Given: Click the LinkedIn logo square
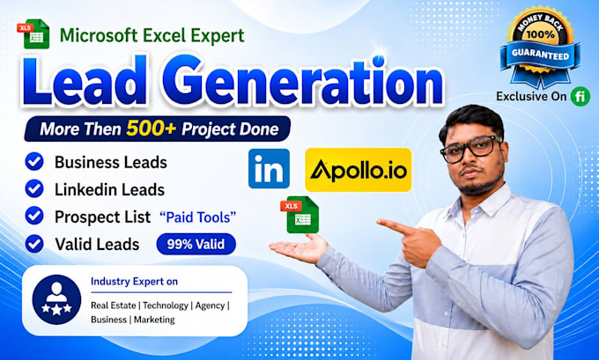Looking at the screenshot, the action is (x=269, y=168).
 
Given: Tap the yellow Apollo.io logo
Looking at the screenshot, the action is (x=359, y=170).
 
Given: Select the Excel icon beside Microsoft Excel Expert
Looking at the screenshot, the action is (x=33, y=33).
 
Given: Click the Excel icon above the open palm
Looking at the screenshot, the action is (x=299, y=214).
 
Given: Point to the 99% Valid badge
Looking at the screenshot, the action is (x=196, y=244).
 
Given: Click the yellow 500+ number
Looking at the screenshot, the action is (x=151, y=129).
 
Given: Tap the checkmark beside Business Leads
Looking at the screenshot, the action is (x=34, y=161).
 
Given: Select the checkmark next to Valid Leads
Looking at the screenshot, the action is (x=34, y=244).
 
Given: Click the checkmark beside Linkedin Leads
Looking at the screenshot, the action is (x=34, y=188).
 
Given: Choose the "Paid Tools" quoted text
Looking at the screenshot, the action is (x=197, y=217).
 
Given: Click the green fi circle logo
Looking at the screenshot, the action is (x=581, y=96).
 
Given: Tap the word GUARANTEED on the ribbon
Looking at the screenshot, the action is (x=540, y=55).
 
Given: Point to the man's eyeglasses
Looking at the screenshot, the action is (x=470, y=148).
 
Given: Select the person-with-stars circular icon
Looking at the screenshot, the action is (x=56, y=299).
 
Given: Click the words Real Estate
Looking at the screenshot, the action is (x=113, y=305).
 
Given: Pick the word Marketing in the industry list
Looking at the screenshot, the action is (x=154, y=320).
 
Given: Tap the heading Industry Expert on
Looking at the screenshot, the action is (x=134, y=282).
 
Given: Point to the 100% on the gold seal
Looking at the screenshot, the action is (x=540, y=34).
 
